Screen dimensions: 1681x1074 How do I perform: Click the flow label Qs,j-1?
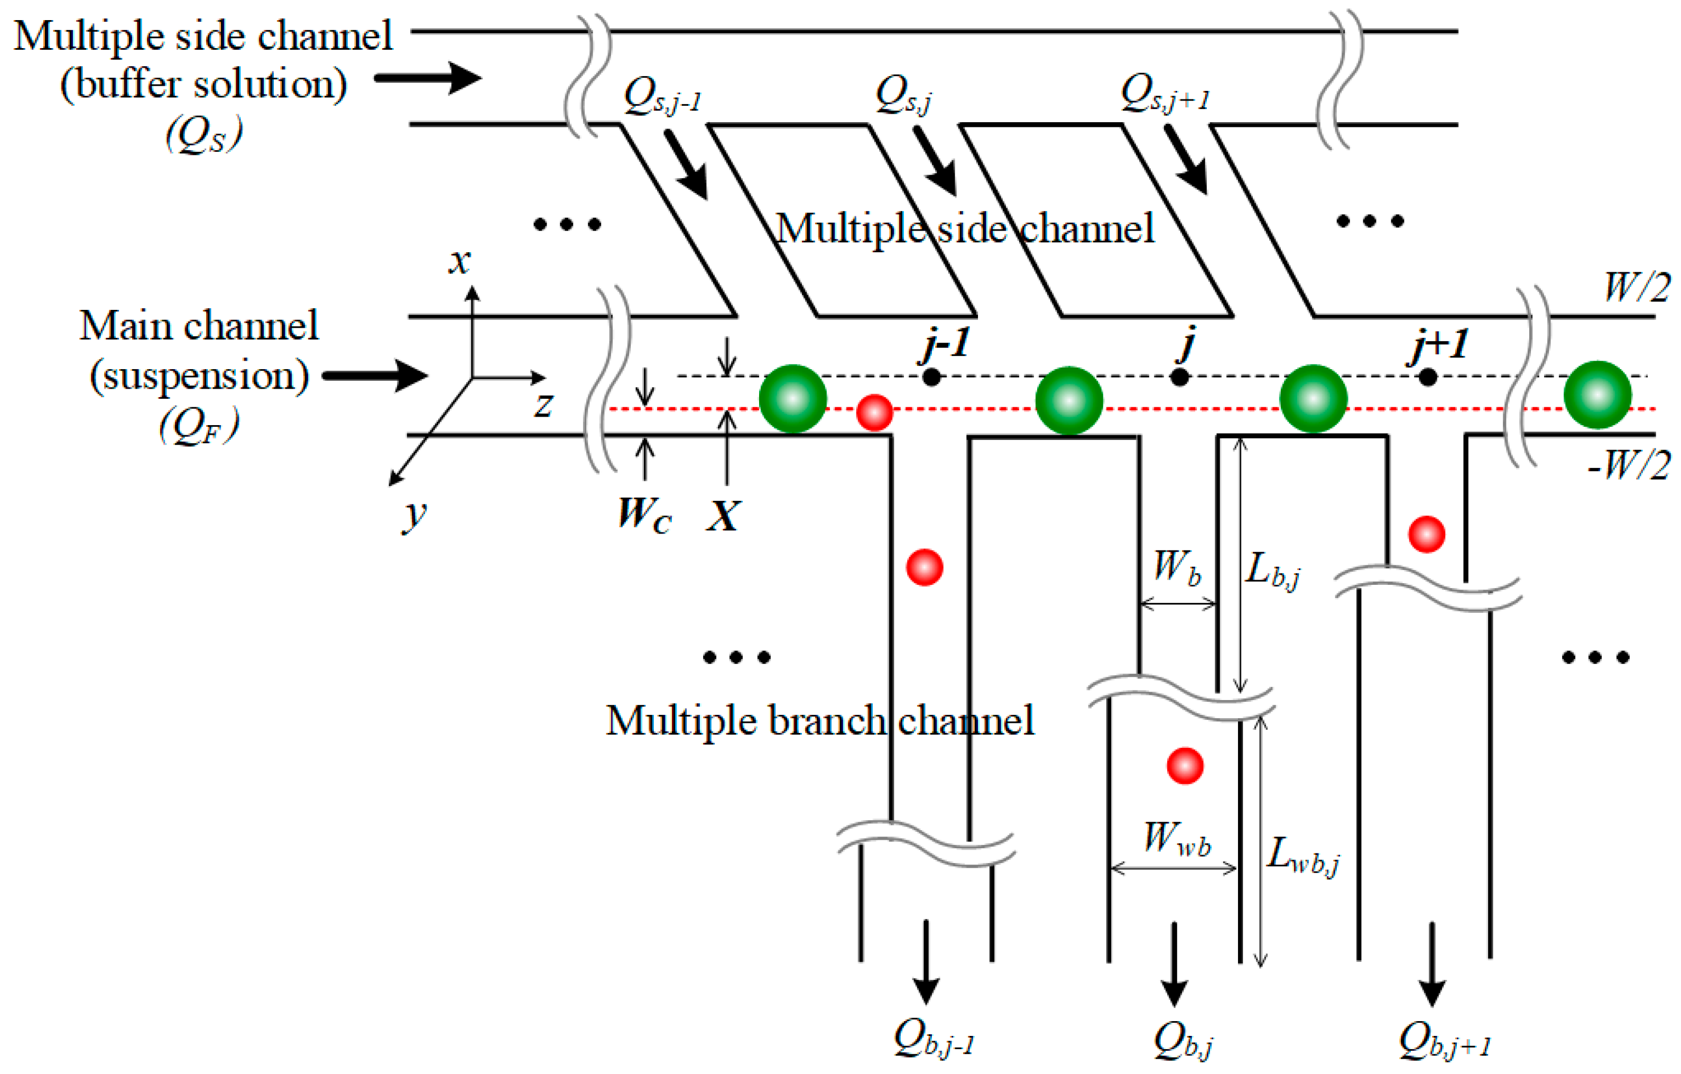pyautogui.click(x=662, y=96)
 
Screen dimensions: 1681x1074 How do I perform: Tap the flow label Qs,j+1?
pyautogui.click(x=1165, y=94)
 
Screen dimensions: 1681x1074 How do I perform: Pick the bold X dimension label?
pyautogui.click(x=723, y=516)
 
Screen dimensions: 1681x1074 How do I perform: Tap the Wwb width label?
pyautogui.click(x=1177, y=838)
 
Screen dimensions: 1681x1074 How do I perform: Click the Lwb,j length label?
pyautogui.click(x=1303, y=856)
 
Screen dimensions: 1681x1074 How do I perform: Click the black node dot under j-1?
pyautogui.click(x=931, y=377)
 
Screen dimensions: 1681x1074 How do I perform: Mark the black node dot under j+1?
pyautogui.click(x=1428, y=377)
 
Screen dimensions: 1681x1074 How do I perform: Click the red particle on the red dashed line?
pyautogui.click(x=875, y=412)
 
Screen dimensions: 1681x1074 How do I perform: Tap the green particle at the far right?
pyautogui.click(x=1598, y=394)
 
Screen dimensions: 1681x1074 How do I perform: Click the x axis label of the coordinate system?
pyautogui.click(x=459, y=262)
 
